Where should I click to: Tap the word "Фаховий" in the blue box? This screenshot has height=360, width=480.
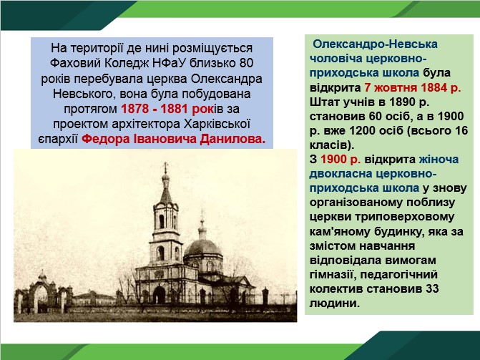point(75,64)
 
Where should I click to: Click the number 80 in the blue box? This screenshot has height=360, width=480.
point(246,64)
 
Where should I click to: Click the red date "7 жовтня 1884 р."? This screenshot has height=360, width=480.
point(413,87)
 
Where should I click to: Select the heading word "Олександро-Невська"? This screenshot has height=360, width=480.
point(375,44)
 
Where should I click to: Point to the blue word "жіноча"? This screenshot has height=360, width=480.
point(439,160)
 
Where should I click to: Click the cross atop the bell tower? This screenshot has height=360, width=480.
point(166,167)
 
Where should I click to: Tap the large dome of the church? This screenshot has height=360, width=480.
point(202,248)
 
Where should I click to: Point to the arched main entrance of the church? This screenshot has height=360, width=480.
point(160,294)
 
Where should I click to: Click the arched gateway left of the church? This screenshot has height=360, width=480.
point(41,292)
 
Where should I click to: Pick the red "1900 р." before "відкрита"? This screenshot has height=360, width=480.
point(341,160)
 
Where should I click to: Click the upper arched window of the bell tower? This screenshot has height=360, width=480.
point(162,221)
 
